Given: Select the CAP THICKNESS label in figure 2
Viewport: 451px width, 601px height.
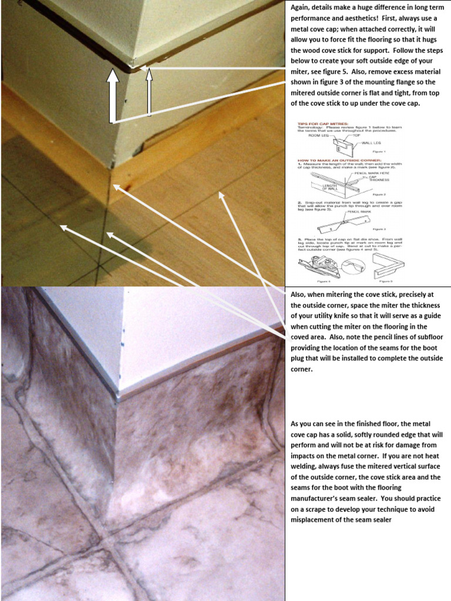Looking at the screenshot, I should [x=378, y=180].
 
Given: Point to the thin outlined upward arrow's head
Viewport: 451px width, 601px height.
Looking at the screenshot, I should [x=149, y=73].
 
